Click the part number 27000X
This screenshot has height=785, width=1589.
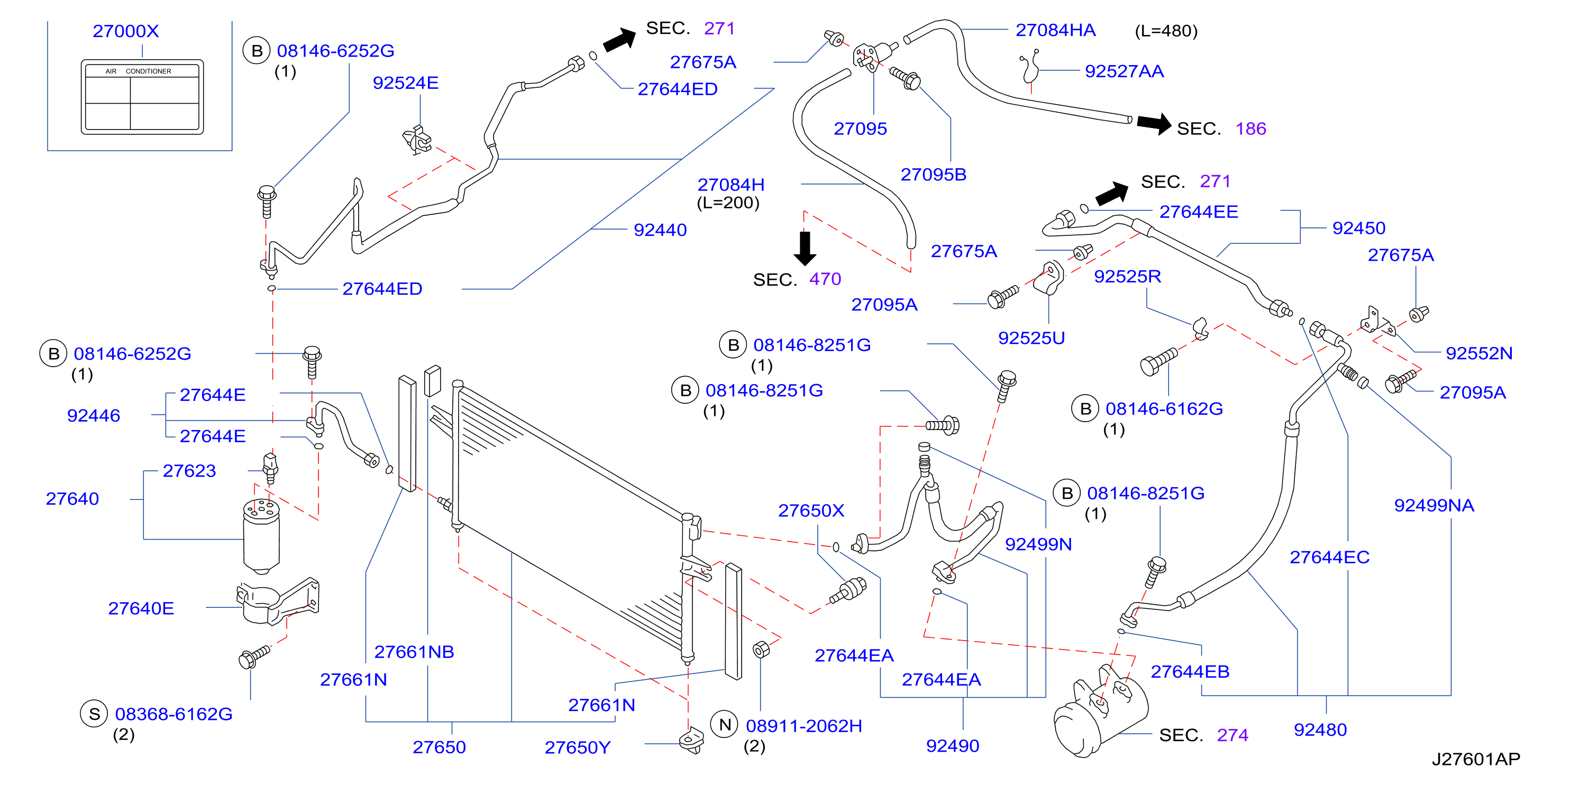[x=126, y=31]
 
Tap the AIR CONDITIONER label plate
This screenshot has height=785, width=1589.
[x=142, y=97]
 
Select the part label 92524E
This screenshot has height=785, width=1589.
[x=405, y=83]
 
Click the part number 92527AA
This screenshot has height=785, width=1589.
[x=1124, y=71]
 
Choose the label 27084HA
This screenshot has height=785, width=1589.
[x=1055, y=30]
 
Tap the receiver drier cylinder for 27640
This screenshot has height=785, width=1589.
[x=261, y=536]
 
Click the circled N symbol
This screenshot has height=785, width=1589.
[x=725, y=725]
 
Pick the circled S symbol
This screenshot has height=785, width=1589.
[x=94, y=714]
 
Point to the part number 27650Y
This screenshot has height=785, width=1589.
[x=578, y=747]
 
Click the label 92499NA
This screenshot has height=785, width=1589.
[x=1433, y=505]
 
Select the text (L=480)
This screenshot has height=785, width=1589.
[x=1166, y=31]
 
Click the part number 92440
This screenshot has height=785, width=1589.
[x=660, y=230]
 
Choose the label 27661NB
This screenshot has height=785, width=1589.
[x=414, y=651]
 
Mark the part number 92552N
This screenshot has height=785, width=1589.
[x=1478, y=353]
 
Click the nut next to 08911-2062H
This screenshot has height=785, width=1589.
[x=762, y=650]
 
